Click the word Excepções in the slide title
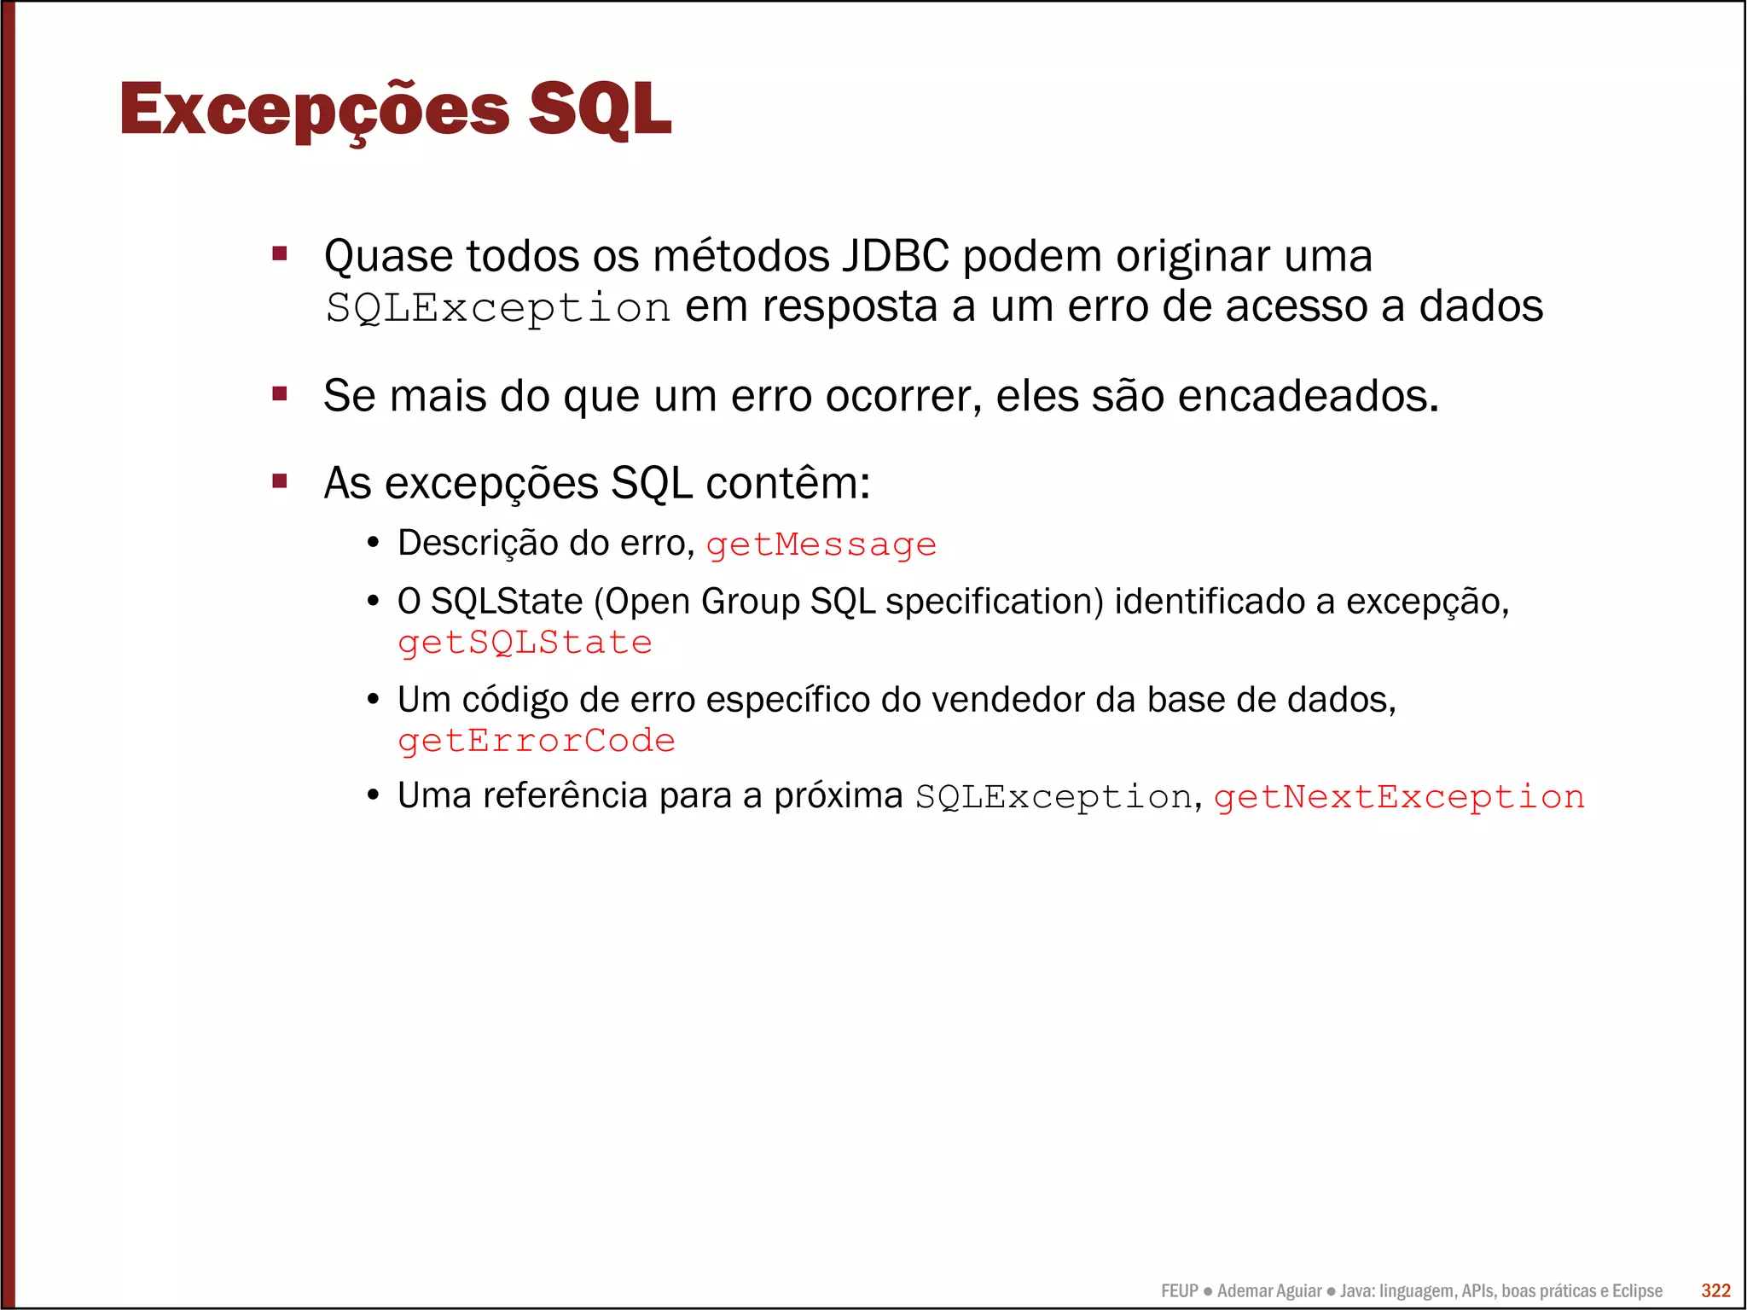click(314, 111)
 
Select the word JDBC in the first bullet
click(896, 256)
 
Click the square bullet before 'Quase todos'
click(280, 253)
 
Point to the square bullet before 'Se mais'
click(280, 393)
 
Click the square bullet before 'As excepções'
click(280, 481)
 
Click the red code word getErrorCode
click(537, 741)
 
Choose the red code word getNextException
click(1399, 797)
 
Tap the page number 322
click(1715, 1290)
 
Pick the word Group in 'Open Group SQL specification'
click(751, 602)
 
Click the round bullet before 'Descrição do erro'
click(373, 544)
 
